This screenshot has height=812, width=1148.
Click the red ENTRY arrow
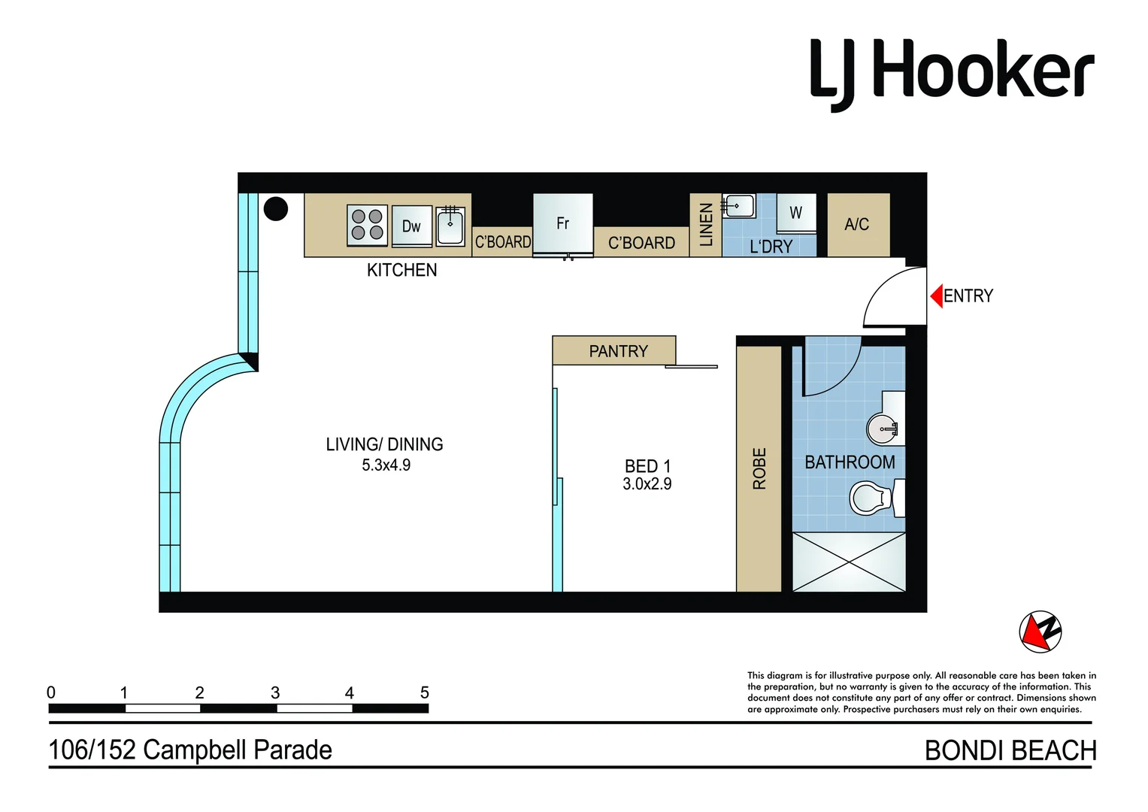[x=936, y=296]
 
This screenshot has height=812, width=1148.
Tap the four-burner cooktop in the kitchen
[x=367, y=225]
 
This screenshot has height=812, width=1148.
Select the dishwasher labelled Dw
[x=411, y=226]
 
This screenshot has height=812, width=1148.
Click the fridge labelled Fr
[x=562, y=224]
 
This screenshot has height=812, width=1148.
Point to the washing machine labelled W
[x=795, y=214]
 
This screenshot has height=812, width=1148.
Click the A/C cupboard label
[x=857, y=225]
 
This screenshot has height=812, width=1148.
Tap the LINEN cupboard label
[x=706, y=225]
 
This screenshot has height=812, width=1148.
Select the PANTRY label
[x=618, y=351]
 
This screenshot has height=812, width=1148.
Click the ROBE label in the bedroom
[x=759, y=468]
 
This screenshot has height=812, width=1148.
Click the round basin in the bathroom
[x=882, y=429]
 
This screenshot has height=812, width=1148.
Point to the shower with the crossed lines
[x=849, y=562]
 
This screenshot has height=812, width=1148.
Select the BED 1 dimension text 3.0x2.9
[x=647, y=485]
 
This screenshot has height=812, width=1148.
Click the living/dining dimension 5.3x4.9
[x=386, y=465]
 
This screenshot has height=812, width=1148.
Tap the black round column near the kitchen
[x=276, y=208]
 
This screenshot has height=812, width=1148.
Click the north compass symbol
[x=1040, y=632]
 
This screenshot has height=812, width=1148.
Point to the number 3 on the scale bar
[x=275, y=693]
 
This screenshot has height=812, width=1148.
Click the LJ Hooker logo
[x=951, y=71]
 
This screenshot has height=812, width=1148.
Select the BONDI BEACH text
[x=1010, y=750]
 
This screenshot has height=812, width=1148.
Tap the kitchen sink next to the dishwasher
[x=450, y=226]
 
